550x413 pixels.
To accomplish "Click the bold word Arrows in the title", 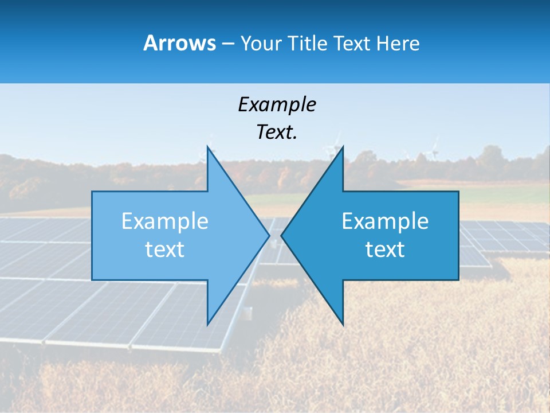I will [179, 43].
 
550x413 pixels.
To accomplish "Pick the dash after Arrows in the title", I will [227, 44].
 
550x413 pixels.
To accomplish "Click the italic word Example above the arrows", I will [277, 104].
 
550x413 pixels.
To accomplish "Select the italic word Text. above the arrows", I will [277, 133].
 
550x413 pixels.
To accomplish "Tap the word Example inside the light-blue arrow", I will [165, 221].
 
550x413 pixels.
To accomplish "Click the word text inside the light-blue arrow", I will [165, 250].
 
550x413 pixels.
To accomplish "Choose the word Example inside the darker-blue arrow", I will [385, 221].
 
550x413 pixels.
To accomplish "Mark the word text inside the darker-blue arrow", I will [385, 250].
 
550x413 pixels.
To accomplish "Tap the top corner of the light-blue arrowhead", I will [207, 147].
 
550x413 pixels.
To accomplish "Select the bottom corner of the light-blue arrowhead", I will [207, 324].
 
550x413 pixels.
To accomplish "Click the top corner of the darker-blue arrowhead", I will [343, 147].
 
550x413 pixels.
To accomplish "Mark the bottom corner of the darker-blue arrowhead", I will [343, 324].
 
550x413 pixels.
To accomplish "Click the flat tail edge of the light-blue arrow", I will [92, 235].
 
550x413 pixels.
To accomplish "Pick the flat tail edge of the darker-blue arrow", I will [458, 235].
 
